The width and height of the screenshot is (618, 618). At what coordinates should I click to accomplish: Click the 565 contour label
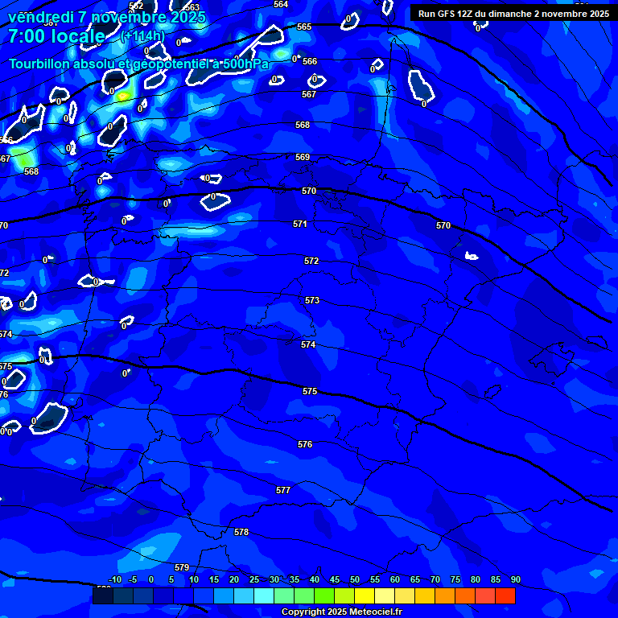pos(304,27)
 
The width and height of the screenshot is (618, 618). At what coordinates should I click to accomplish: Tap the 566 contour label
pos(310,61)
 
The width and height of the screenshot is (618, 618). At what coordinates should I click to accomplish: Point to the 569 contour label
pos(303,157)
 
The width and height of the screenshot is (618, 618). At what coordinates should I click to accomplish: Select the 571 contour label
pos(300,224)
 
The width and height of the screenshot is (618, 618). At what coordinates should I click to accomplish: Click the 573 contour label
pos(312,300)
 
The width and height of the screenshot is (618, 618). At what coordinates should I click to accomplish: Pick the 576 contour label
pos(305,444)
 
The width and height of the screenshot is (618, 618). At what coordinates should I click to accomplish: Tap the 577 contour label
pos(283,490)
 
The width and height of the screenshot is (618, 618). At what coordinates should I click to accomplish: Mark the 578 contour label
pos(241,532)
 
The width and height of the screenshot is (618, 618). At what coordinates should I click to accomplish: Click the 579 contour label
pos(182,567)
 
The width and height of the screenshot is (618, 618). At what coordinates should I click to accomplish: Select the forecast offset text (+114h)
pos(142,36)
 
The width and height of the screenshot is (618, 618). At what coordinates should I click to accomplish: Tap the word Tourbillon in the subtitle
pos(39,64)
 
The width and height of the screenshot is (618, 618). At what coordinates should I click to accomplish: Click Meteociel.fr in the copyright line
pos(373,612)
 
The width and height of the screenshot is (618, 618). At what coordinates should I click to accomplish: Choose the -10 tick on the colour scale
pos(114,579)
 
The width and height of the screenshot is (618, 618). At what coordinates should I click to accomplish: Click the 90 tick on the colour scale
pos(516,579)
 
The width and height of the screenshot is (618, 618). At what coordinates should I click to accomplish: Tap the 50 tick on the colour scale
pos(355,579)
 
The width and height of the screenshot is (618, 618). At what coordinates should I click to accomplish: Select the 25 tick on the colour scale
pos(254,579)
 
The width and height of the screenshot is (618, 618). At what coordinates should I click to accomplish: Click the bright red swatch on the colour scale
pos(505,595)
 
